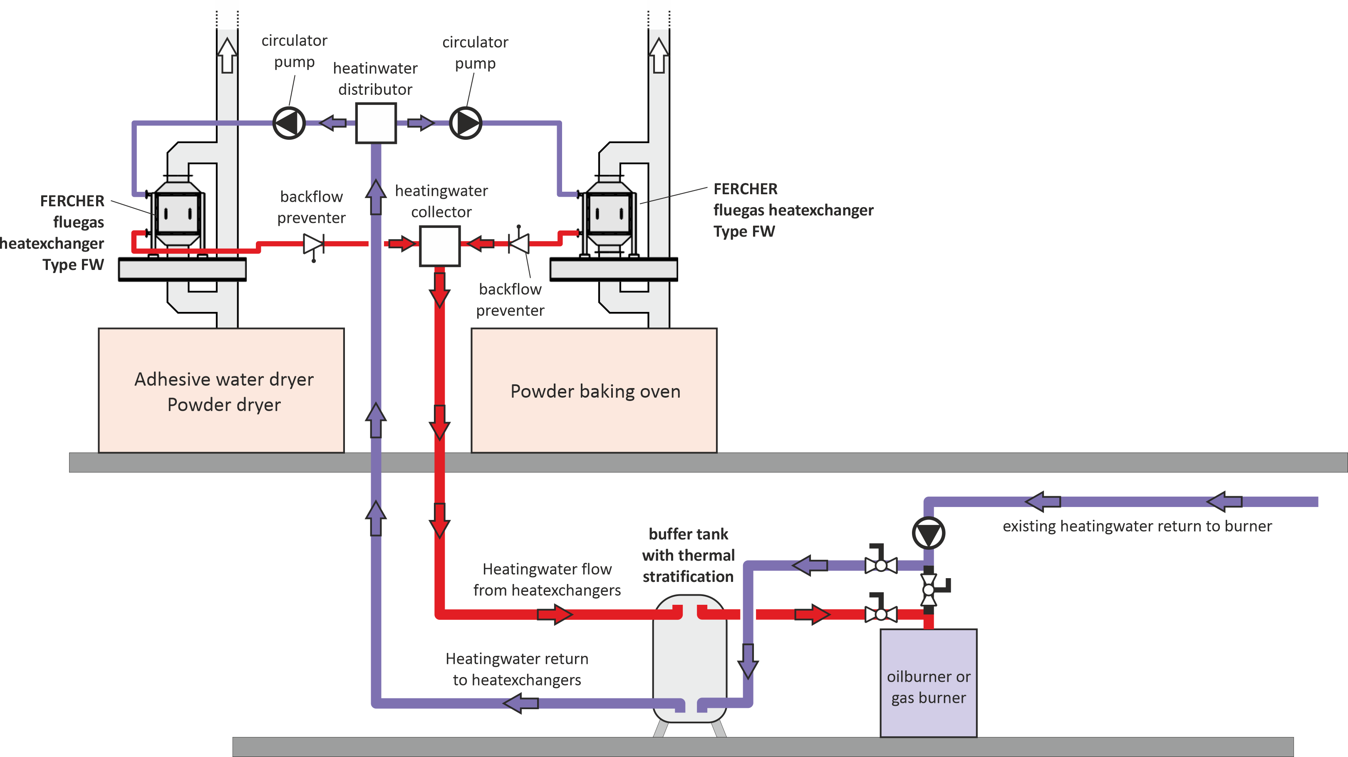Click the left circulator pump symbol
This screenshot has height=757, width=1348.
pyautogui.click(x=289, y=123)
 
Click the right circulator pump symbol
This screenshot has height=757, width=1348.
pyautogui.click(x=465, y=123)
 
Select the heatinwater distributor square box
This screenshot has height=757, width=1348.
pyautogui.click(x=376, y=123)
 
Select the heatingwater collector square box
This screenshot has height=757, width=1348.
pyautogui.click(x=440, y=246)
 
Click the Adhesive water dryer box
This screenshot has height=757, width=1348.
pyautogui.click(x=221, y=390)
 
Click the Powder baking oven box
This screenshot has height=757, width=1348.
pyautogui.click(x=594, y=390)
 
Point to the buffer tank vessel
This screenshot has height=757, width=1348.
pyautogui.click(x=690, y=659)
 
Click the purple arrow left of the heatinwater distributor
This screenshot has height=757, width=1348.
pyautogui.click(x=333, y=123)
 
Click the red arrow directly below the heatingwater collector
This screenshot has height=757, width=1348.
pyautogui.click(x=440, y=289)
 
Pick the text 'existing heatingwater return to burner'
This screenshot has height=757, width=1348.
pyautogui.click(x=1137, y=526)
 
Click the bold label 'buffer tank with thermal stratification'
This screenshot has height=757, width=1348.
pyautogui.click(x=688, y=555)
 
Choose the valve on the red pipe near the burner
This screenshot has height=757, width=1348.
pyautogui.click(x=881, y=613)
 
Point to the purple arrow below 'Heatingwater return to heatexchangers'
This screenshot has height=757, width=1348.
pyautogui.click(x=520, y=703)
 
